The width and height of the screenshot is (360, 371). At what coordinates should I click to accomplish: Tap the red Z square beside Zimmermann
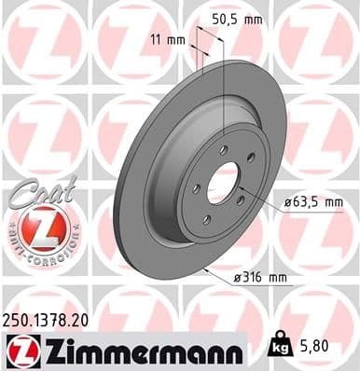[19, 350]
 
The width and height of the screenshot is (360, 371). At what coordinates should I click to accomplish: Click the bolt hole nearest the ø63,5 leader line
[239, 199]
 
